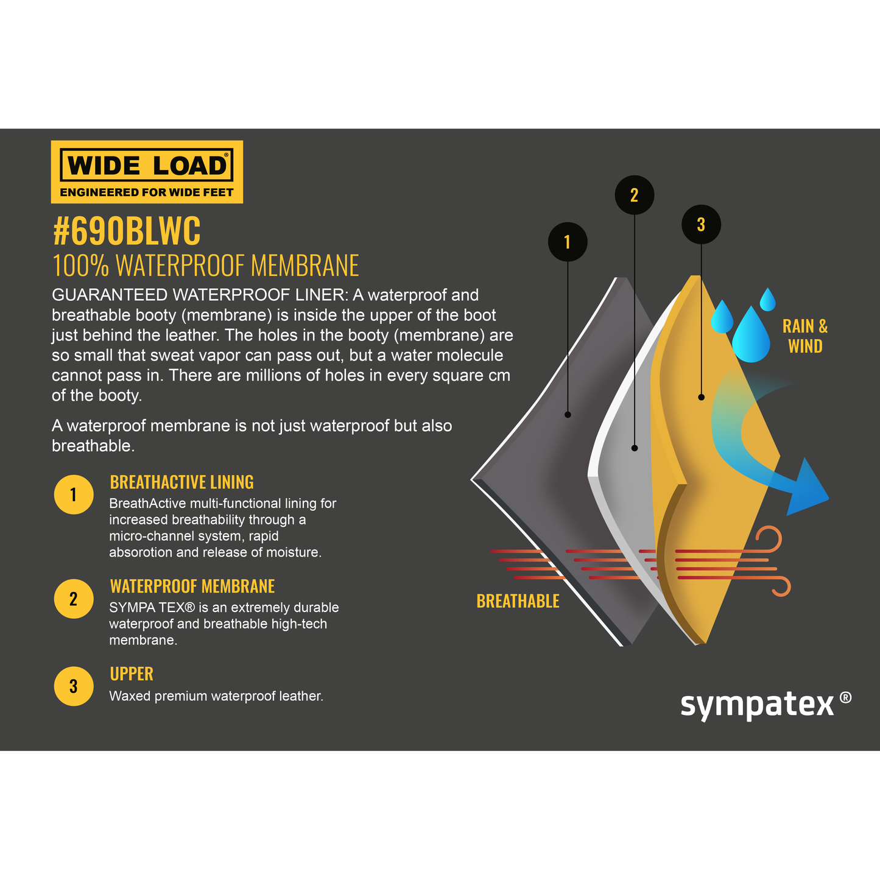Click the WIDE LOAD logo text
click(147, 166)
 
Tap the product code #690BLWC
click(127, 231)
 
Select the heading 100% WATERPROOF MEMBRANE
click(206, 266)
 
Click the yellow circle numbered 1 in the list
click(74, 495)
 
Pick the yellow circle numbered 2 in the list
click(74, 599)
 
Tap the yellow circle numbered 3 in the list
click(74, 686)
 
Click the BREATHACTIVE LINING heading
click(181, 482)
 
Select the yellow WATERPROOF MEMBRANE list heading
click(192, 586)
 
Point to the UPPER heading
click(132, 674)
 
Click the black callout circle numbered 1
click(568, 242)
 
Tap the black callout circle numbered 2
click(635, 195)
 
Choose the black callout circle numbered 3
click(702, 225)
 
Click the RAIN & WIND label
click(805, 336)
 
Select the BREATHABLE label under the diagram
click(518, 602)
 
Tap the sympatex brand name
click(757, 705)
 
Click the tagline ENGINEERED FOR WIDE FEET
click(147, 192)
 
